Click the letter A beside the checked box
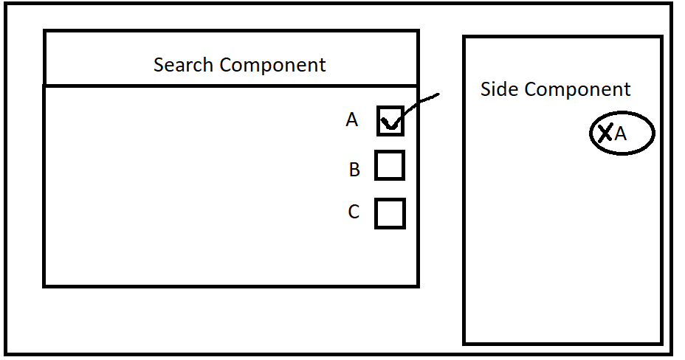coord(351,120)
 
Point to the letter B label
coord(354,170)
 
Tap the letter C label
coord(354,212)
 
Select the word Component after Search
coord(272,66)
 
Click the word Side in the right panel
coord(500,89)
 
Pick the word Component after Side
coord(577,90)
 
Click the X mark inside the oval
coord(605,133)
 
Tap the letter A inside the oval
coord(620,134)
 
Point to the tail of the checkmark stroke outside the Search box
coord(438,94)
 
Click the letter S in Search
coord(159,65)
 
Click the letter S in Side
coord(486,89)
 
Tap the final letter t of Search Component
coord(323,66)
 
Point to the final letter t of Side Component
coord(627,90)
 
